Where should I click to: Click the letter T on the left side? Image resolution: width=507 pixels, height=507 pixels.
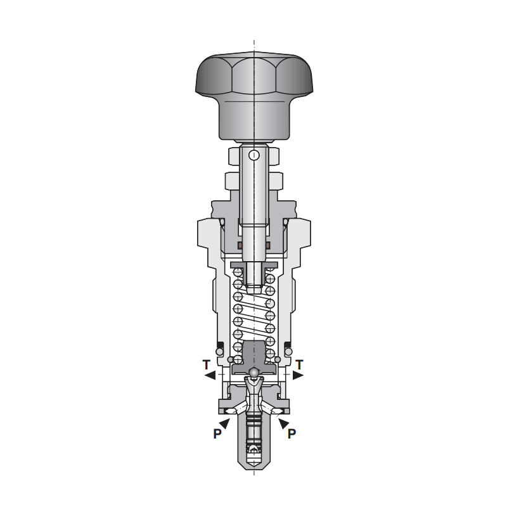207,365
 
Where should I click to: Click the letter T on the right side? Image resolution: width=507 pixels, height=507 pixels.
299,365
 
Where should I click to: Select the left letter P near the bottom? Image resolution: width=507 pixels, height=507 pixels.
217,433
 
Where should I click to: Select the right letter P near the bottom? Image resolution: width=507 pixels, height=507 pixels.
292,433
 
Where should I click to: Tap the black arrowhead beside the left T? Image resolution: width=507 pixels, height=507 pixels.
210,375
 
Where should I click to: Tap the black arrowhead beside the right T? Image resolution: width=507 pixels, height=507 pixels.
298,375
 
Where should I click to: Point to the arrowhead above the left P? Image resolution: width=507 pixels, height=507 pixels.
225,423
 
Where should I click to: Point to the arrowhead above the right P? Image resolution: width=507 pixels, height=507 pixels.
283,423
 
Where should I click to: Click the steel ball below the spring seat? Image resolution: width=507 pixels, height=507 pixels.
254,373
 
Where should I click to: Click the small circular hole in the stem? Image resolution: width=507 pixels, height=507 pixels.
254,155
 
